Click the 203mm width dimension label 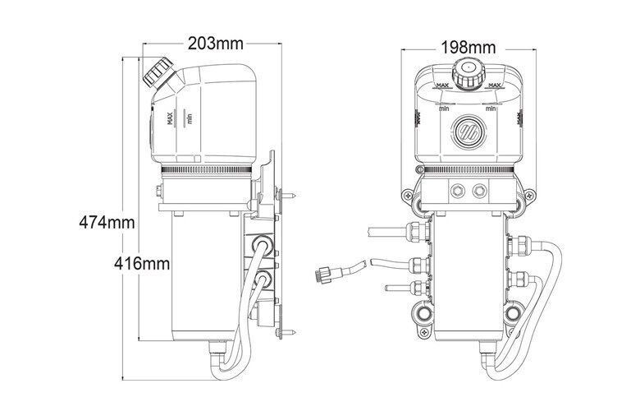215,43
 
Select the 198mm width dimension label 469,48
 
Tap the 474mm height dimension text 107,223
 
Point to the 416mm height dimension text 142,264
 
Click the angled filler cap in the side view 158,72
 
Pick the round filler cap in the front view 468,73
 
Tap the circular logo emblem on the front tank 469,132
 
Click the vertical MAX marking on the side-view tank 171,118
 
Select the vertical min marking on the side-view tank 189,119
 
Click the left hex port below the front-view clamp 457,190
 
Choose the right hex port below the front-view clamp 480,190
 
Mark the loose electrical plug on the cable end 323,274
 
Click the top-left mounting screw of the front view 408,196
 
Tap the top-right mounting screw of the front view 528,196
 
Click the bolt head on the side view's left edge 158,190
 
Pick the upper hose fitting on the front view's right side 519,246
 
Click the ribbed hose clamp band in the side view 206,169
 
